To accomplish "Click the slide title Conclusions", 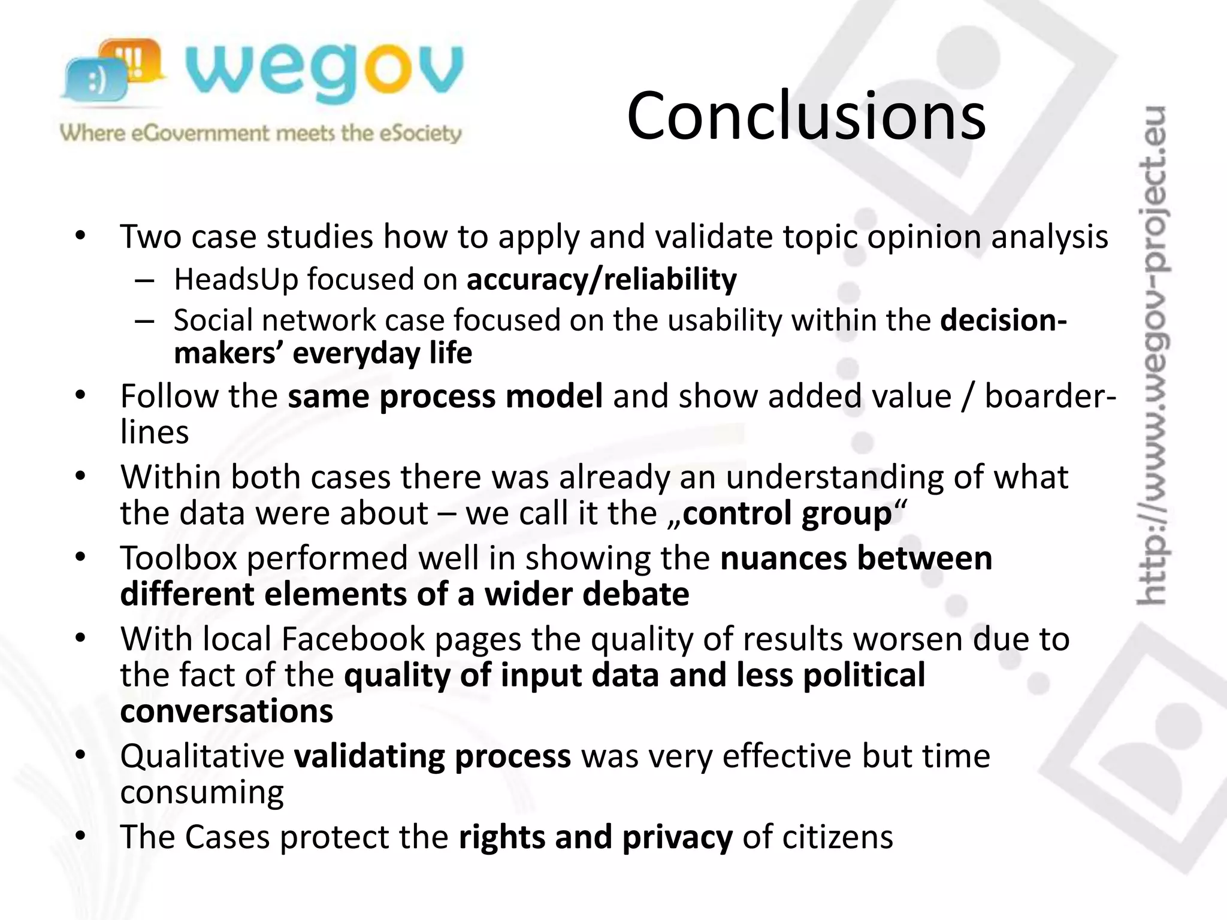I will point(806,115).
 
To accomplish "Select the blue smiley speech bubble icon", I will point(96,81).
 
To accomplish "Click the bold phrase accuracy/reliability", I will point(602,279).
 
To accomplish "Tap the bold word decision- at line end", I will point(1004,320).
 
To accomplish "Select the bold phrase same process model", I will point(445,396).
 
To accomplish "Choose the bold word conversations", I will point(226,711).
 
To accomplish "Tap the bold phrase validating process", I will point(433,755).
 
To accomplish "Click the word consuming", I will point(202,792).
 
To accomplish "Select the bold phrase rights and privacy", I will point(596,837).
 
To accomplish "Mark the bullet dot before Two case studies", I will point(81,235).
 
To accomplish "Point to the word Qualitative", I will point(202,755).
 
